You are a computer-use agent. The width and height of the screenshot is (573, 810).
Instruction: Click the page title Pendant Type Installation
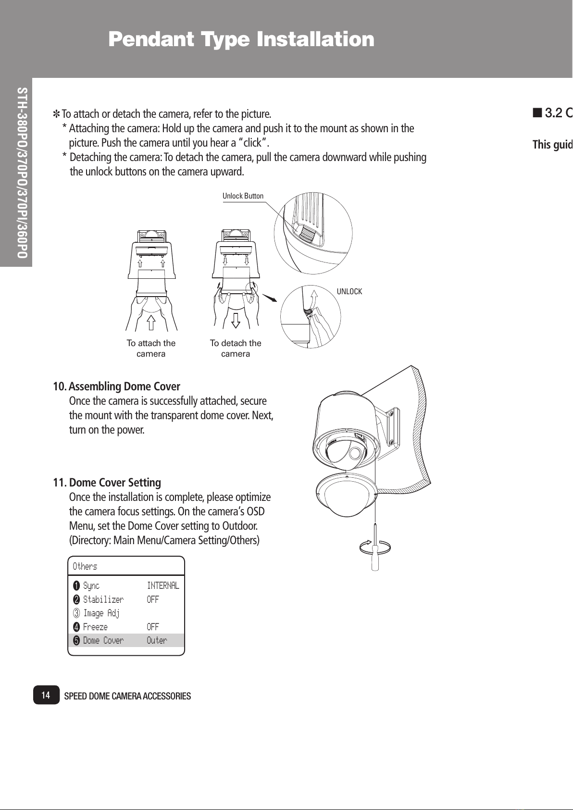point(241,39)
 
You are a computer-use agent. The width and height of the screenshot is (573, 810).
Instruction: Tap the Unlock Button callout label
point(243,196)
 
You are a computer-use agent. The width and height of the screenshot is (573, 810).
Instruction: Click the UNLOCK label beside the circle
point(349,292)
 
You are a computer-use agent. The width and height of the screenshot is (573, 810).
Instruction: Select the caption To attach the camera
point(151,349)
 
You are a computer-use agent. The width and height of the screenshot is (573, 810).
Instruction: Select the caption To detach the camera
point(236,349)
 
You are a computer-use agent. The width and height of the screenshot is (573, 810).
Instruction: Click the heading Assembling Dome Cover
point(125,386)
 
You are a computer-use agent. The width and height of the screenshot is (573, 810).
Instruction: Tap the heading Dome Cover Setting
point(115,482)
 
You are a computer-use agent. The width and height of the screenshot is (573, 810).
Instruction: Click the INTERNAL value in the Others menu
point(163,586)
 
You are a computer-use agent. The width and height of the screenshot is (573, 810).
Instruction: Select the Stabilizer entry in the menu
point(103,599)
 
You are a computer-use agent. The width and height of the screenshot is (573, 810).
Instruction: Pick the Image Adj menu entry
point(101,613)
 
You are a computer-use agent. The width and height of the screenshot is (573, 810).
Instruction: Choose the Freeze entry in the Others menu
point(95,627)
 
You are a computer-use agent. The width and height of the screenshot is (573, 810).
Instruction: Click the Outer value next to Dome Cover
point(157,640)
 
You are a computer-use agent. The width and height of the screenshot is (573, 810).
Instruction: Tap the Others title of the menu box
point(85,566)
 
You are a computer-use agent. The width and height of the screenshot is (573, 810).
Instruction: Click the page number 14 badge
point(46,695)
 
